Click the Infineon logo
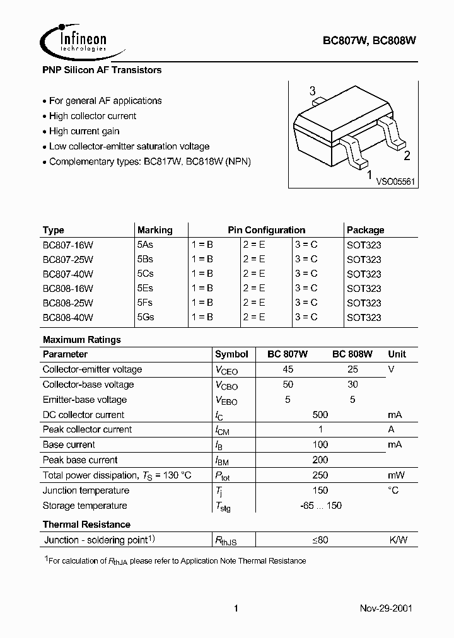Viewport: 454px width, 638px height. coord(74,40)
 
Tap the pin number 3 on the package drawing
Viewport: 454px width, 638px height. coord(312,92)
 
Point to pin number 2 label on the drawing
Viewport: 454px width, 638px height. coord(407,157)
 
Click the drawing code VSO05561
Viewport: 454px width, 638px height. coord(396,181)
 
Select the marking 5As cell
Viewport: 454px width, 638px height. coord(145,245)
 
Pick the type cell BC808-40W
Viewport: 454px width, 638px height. coord(68,318)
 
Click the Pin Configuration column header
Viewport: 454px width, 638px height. coord(266,230)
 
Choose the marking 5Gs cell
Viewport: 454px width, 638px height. coord(146,318)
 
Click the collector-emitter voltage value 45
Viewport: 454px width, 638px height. coord(288,369)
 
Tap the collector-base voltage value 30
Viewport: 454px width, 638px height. coord(352,385)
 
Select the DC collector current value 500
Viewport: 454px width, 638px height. coord(320,415)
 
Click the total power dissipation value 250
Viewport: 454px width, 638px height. coord(320,475)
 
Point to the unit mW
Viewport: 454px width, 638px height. coord(395,475)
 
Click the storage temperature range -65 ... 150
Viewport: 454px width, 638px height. coord(320,506)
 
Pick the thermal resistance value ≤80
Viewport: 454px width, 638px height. coord(320,540)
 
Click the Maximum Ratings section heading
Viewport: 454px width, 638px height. coord(81,340)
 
